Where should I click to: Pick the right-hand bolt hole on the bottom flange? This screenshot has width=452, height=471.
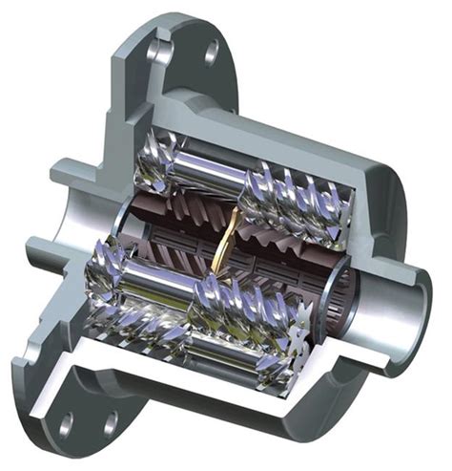click(111, 423)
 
